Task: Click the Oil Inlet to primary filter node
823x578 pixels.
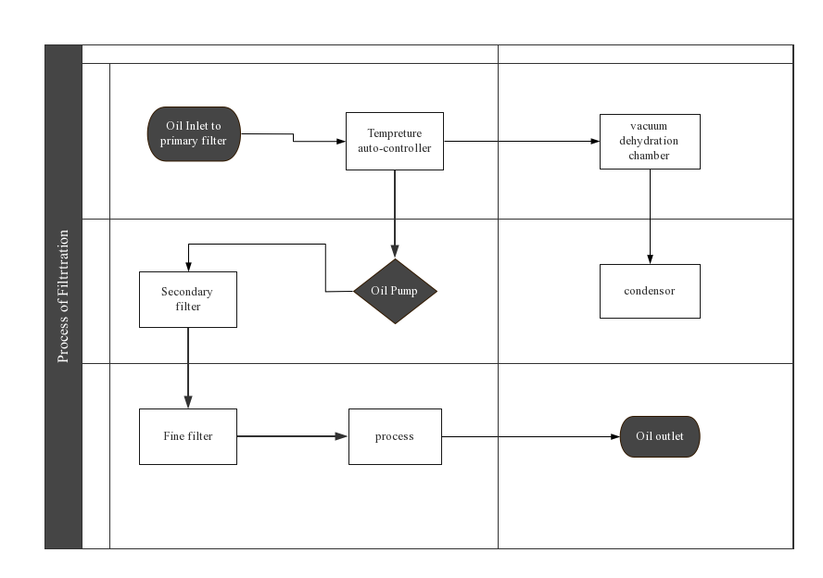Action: pyautogui.click(x=194, y=133)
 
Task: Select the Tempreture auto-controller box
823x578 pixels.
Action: pyautogui.click(x=395, y=141)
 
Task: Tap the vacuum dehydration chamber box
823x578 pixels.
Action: pyautogui.click(x=650, y=142)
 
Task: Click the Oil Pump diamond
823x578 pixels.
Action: pyautogui.click(x=395, y=291)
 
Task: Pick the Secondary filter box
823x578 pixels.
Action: pyautogui.click(x=188, y=299)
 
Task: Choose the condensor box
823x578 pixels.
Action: pyautogui.click(x=650, y=291)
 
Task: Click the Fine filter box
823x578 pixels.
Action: pyautogui.click(x=188, y=436)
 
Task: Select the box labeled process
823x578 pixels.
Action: pyautogui.click(x=395, y=436)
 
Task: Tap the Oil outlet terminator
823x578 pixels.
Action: pyautogui.click(x=660, y=436)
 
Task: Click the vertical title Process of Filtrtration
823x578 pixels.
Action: pyautogui.click(x=63, y=296)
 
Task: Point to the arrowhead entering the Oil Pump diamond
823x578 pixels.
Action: pyautogui.click(x=395, y=251)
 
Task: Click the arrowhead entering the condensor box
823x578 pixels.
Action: pyautogui.click(x=650, y=259)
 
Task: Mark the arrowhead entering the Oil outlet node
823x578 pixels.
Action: pyautogui.click(x=615, y=436)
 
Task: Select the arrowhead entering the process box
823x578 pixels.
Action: pyautogui.click(x=341, y=436)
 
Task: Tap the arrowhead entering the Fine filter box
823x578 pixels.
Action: pyautogui.click(x=188, y=402)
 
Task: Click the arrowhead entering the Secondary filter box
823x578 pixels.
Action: pyautogui.click(x=188, y=267)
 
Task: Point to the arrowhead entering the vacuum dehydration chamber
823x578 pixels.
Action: pyautogui.click(x=595, y=141)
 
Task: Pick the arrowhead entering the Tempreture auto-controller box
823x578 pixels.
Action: pyautogui.click(x=341, y=141)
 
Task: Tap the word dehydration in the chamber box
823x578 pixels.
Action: pyautogui.click(x=649, y=141)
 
